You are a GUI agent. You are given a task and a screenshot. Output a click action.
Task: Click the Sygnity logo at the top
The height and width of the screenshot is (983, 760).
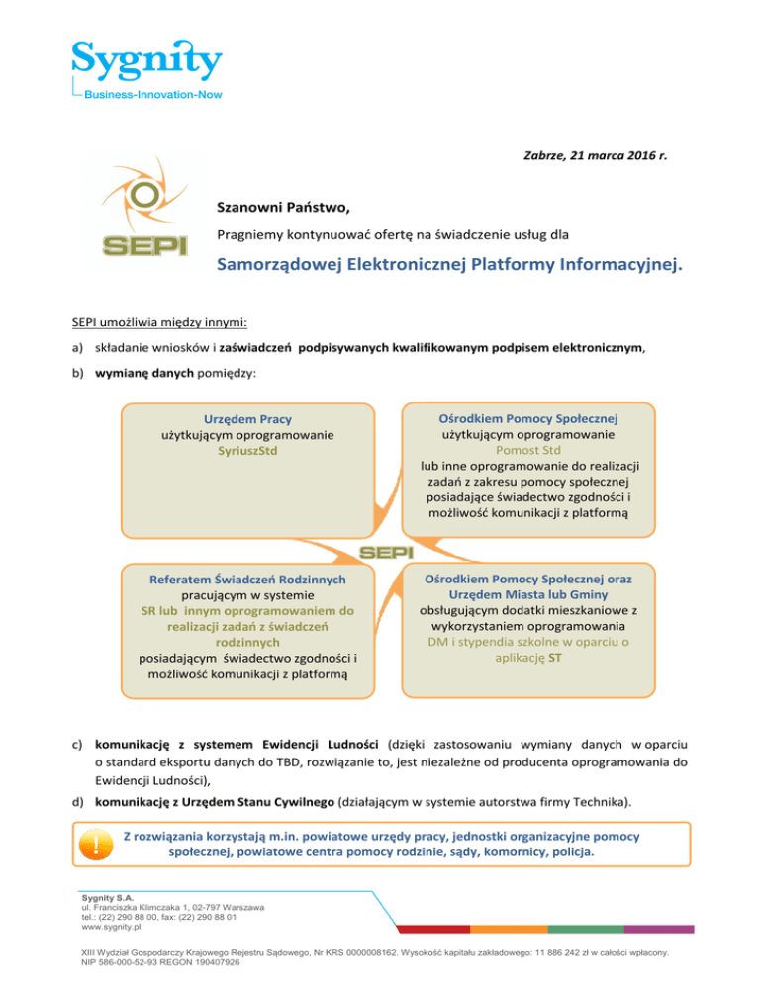coord(145,58)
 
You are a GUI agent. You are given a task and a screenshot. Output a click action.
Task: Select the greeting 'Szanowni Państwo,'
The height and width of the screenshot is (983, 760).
coord(282,209)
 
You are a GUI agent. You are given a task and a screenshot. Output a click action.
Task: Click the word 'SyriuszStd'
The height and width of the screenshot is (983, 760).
coord(248,450)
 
